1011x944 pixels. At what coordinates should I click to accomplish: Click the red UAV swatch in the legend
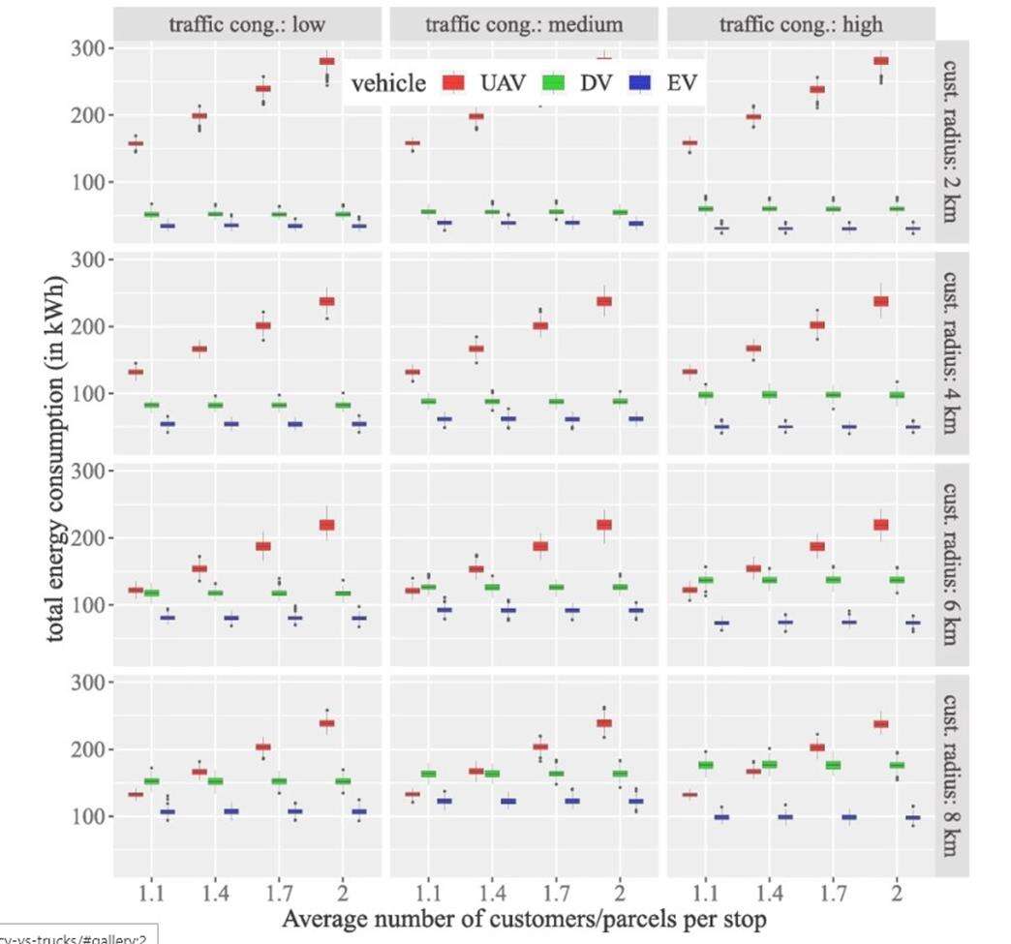(452, 82)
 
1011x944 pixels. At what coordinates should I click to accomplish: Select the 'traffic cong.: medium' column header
(524, 23)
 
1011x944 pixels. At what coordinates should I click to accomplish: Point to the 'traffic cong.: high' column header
(801, 23)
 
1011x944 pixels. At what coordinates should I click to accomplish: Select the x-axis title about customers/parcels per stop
(524, 917)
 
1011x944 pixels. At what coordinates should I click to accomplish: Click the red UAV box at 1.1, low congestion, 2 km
(136, 143)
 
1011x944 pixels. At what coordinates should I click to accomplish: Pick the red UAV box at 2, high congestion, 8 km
(881, 723)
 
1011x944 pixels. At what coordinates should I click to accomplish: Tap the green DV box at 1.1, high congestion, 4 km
(705, 394)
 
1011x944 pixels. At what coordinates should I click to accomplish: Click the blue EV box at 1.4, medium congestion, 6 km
(506, 610)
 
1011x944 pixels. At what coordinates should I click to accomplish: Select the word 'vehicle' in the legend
(388, 83)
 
